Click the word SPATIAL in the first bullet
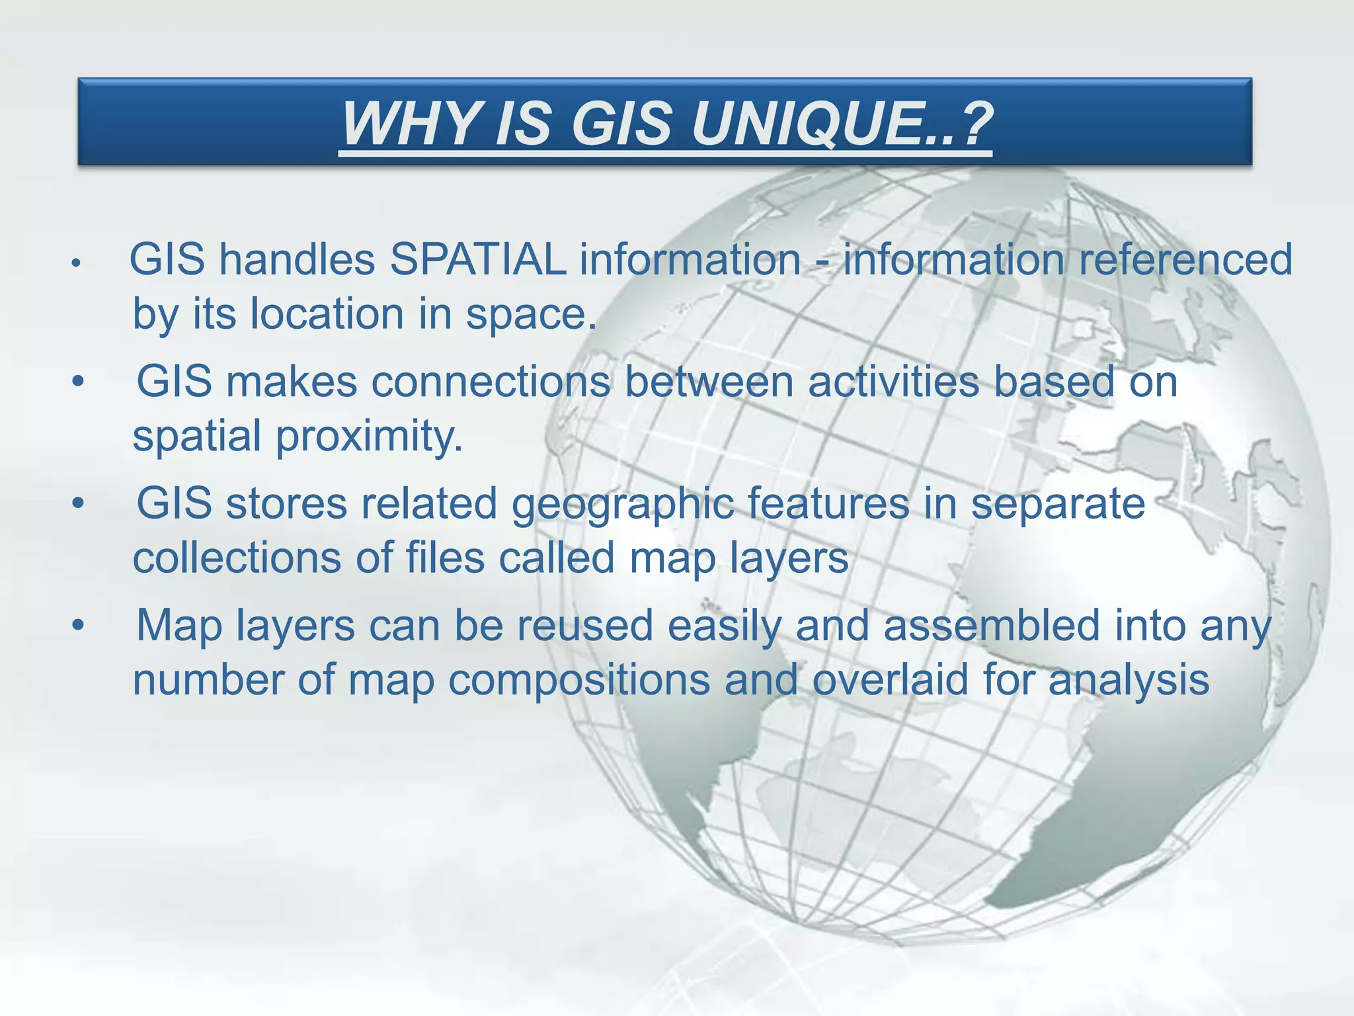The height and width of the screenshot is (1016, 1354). click(x=477, y=259)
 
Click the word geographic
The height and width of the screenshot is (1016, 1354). click(x=623, y=505)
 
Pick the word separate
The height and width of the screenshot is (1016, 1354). click(x=1058, y=505)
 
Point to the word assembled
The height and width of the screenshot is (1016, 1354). click(x=992, y=626)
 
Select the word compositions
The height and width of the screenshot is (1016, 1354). click(x=579, y=680)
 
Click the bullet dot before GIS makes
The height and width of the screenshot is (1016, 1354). click(x=79, y=382)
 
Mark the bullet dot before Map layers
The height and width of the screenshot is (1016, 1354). click(x=79, y=625)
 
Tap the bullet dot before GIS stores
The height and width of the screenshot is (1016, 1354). click(x=79, y=504)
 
